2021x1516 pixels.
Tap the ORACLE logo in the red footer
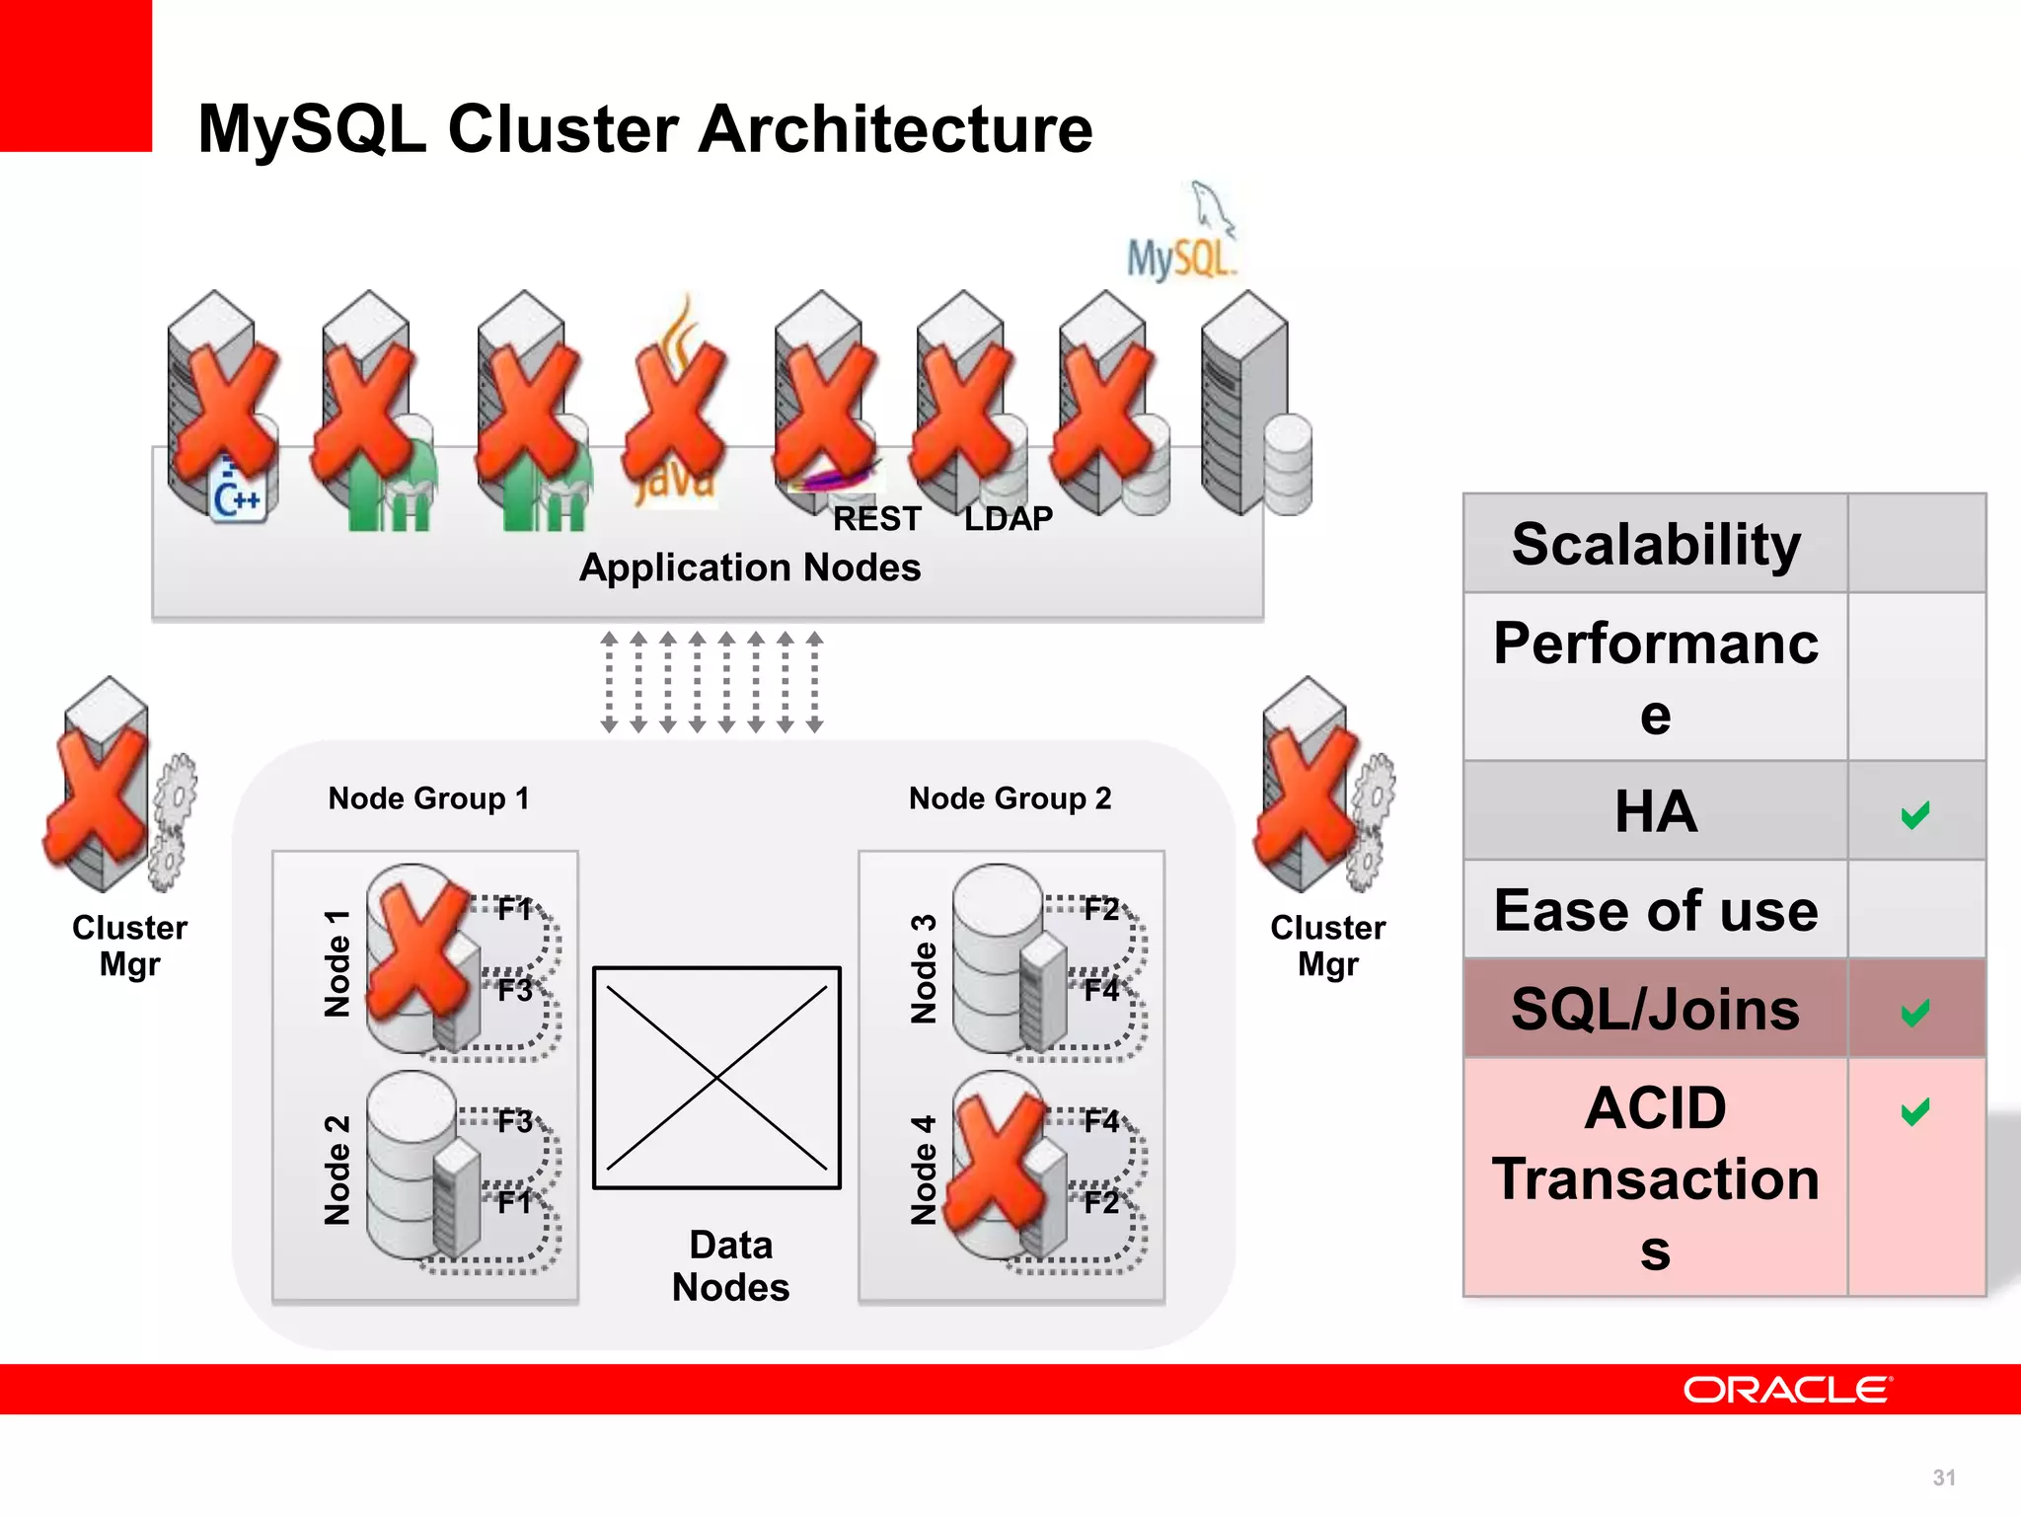pyautogui.click(x=1787, y=1390)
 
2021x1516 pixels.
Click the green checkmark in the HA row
pyautogui.click(x=1914, y=814)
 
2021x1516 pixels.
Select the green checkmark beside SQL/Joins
pyautogui.click(x=1914, y=1012)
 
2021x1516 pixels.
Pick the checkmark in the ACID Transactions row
pyautogui.click(x=1914, y=1111)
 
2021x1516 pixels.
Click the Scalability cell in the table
pyautogui.click(x=1656, y=544)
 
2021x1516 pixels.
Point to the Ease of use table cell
pyautogui.click(x=1656, y=910)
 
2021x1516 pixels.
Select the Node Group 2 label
pyautogui.click(x=1010, y=797)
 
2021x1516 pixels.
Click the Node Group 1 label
pyautogui.click(x=428, y=797)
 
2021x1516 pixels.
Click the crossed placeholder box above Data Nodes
pyautogui.click(x=716, y=1078)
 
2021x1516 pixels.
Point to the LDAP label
pyautogui.click(x=1008, y=518)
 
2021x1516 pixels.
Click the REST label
pyautogui.click(x=876, y=518)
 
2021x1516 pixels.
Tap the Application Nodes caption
pyautogui.click(x=749, y=568)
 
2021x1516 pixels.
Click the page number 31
pyautogui.click(x=1943, y=1478)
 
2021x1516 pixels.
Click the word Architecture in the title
pyautogui.click(x=895, y=129)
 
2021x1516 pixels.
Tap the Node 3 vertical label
pyautogui.click(x=924, y=968)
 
